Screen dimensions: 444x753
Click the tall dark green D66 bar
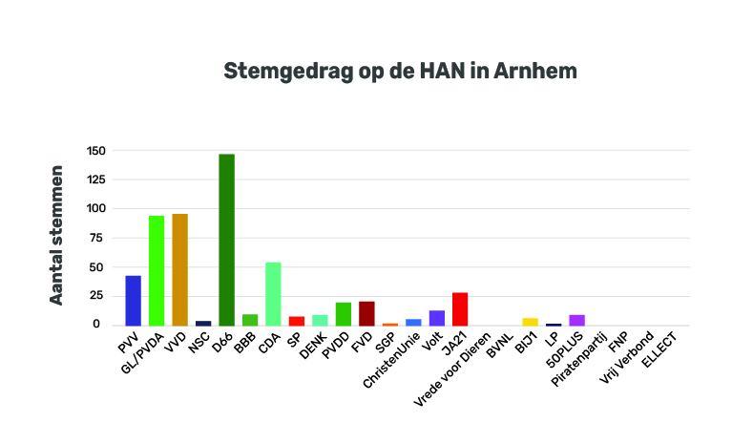tap(226, 240)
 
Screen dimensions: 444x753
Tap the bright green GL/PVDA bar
tap(157, 270)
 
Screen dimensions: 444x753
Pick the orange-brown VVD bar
tap(179, 269)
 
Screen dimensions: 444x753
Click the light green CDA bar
tap(273, 293)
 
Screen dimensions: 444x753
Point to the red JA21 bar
tap(460, 308)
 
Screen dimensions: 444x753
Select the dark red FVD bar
tap(366, 313)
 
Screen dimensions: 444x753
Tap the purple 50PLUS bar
tap(576, 320)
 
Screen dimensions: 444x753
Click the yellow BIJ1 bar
tap(530, 322)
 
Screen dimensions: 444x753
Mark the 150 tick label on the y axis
tap(94, 151)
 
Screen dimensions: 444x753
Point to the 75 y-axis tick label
tap(97, 238)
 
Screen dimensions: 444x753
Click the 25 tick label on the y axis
tap(97, 296)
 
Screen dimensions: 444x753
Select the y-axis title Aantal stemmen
tap(57, 235)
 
